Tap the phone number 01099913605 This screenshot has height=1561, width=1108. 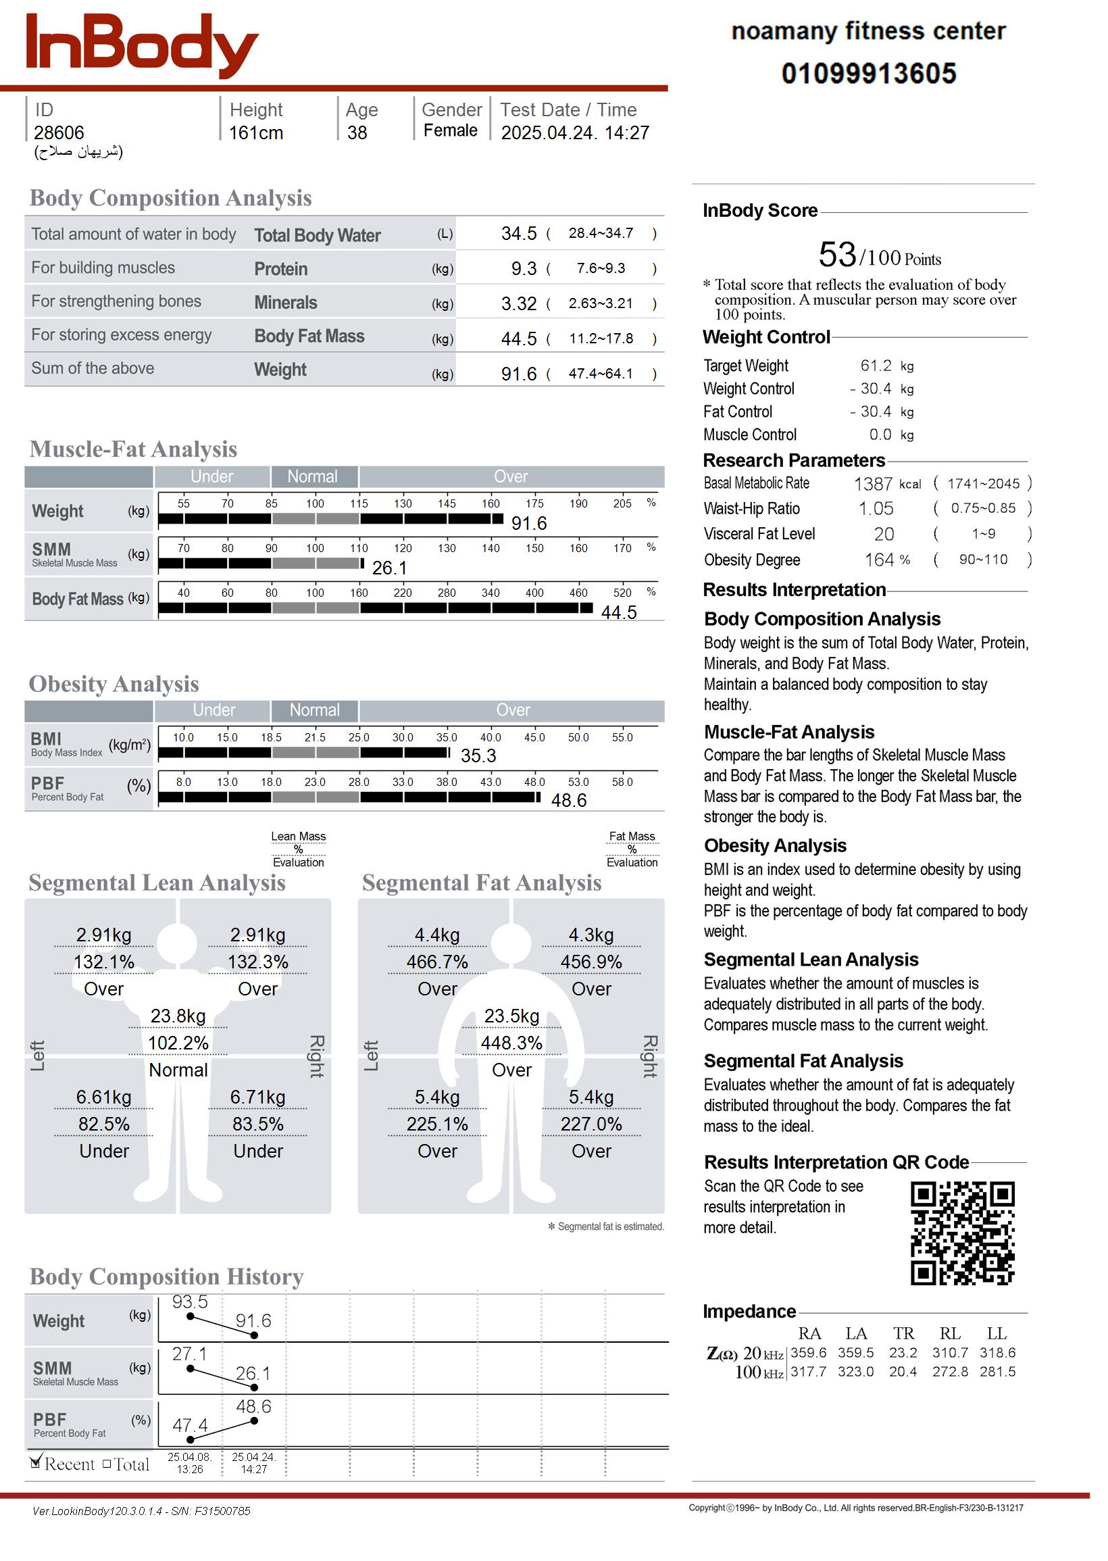click(869, 74)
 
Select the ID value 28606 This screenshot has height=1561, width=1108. click(59, 133)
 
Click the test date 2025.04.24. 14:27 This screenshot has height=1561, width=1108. click(574, 133)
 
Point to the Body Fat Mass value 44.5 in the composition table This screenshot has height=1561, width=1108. click(518, 339)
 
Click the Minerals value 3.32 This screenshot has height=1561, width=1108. click(518, 303)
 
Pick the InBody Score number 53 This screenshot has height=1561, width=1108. click(837, 255)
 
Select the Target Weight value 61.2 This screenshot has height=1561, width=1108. click(876, 366)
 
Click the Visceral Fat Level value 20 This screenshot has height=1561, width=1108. click(884, 535)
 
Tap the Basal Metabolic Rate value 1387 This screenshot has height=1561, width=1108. click(873, 484)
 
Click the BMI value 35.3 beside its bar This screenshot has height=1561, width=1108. click(478, 756)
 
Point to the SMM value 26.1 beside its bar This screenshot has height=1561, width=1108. click(390, 568)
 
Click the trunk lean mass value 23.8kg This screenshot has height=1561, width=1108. click(178, 1016)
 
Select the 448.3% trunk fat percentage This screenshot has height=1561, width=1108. click(511, 1043)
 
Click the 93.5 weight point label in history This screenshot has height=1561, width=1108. click(190, 1302)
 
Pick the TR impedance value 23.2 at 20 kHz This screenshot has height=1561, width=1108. click(903, 1352)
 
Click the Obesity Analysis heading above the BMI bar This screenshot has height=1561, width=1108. click(114, 684)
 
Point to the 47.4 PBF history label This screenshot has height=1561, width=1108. click(190, 1425)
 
